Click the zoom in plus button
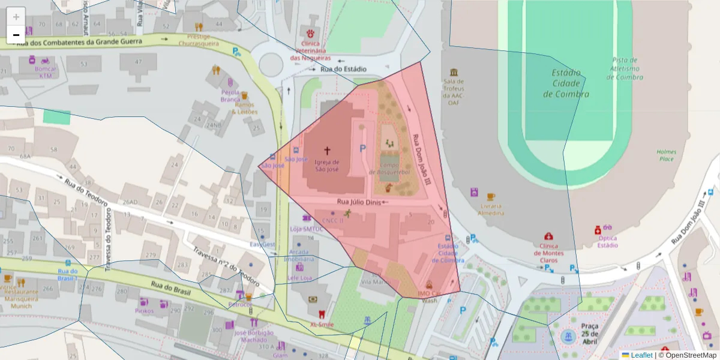tap(16, 17)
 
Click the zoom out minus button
tap(16, 35)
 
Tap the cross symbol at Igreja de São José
tap(327, 151)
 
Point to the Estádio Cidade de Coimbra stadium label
tap(566, 83)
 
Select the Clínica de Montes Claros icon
tap(548, 237)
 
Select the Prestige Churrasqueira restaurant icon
tap(199, 26)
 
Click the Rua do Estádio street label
tap(343, 70)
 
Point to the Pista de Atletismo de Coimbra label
tap(626, 68)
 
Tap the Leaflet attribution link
tap(641, 355)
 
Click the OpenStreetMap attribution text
tap(687, 355)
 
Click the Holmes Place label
tap(666, 155)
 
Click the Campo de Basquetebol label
tap(394, 168)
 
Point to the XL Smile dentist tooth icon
tap(320, 313)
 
